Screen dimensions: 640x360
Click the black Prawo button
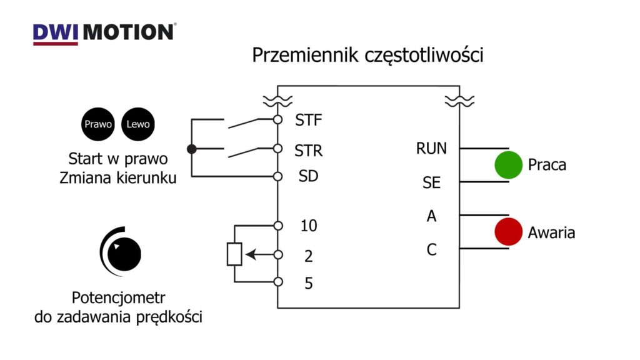98,124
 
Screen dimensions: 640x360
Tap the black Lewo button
138,124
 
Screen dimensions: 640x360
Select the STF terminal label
309,120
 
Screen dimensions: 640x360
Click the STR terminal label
309,151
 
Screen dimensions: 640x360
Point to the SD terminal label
309,176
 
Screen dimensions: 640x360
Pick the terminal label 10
309,226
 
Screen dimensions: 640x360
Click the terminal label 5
309,283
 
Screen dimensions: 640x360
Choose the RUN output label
431,149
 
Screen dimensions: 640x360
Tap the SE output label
431,182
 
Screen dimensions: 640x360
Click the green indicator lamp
509,165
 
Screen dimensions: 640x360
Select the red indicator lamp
509,232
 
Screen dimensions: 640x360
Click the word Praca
547,165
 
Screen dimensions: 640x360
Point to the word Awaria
551,232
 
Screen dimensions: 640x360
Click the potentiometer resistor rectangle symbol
234,254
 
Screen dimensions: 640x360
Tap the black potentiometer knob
124,254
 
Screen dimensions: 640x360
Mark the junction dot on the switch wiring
192,149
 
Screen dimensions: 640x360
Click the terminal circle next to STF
278,119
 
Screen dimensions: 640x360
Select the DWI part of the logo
56,32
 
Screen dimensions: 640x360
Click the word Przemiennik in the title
305,55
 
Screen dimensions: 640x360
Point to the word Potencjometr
118,298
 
